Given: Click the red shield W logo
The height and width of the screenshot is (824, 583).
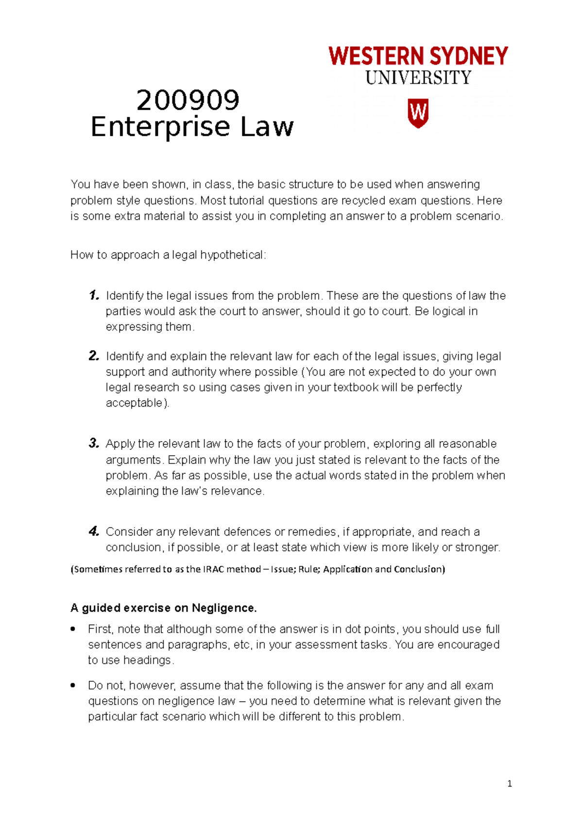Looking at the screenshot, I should (x=418, y=113).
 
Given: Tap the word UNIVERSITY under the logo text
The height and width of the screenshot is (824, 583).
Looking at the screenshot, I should (x=418, y=78).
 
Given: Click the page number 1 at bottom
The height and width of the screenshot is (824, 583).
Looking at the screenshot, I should (x=509, y=784).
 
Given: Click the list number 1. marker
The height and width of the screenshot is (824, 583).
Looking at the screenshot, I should (x=94, y=295).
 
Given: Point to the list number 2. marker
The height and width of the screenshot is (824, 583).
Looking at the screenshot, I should (x=94, y=356).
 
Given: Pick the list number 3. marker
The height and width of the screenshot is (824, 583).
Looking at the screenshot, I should (x=94, y=443).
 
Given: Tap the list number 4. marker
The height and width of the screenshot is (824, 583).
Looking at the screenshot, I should (x=94, y=531).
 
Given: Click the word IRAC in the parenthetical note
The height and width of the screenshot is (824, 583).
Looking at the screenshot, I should (x=213, y=569).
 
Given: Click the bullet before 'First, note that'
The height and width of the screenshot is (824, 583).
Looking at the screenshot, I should (x=73, y=629).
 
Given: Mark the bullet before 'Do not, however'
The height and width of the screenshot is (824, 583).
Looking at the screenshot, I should (x=73, y=685).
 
